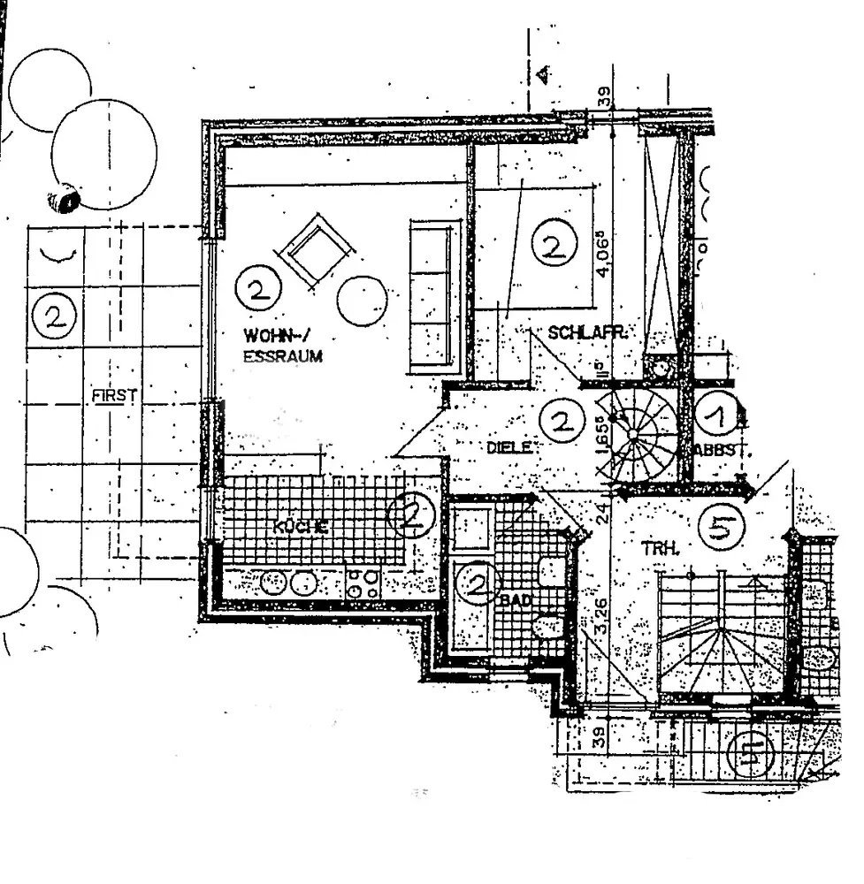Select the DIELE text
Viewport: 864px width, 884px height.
tap(509, 447)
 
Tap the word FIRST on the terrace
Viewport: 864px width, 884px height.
tap(115, 395)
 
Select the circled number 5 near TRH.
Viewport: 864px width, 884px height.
tap(721, 528)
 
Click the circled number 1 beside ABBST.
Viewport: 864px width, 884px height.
tap(715, 412)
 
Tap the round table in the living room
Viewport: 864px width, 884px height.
tap(363, 301)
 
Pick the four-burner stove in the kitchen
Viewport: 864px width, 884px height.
tap(363, 583)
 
